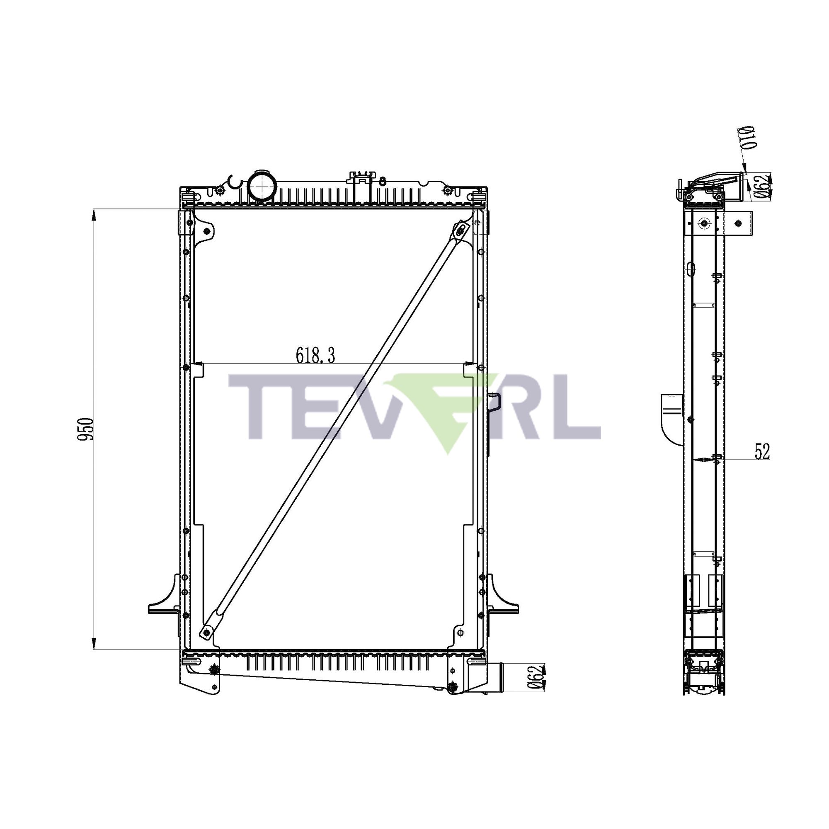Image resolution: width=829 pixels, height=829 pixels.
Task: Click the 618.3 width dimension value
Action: click(315, 356)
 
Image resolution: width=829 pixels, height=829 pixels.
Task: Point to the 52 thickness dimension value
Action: click(762, 452)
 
